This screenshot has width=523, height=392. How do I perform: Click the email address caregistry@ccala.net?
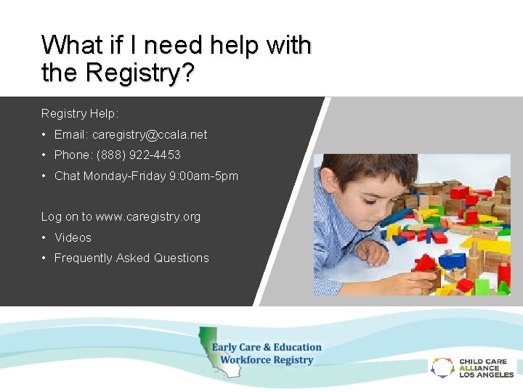(x=149, y=134)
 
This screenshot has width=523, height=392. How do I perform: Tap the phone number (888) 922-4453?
(x=137, y=155)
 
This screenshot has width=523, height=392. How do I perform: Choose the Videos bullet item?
(x=73, y=237)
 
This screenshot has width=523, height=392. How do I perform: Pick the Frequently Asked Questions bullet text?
(x=131, y=258)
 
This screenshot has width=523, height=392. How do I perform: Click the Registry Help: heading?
(x=80, y=114)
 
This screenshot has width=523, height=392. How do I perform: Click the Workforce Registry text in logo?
(x=267, y=360)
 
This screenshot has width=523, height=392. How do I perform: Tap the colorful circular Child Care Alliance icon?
(x=442, y=367)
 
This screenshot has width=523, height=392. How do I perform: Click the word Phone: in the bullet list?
(x=71, y=155)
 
